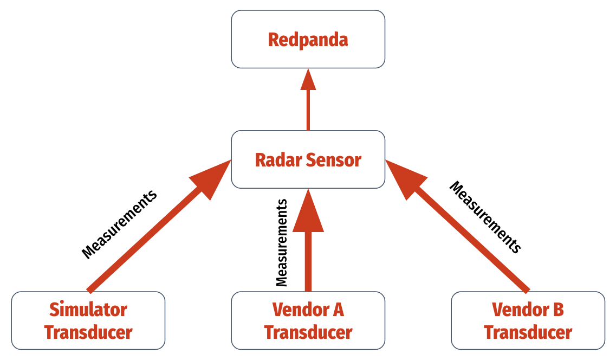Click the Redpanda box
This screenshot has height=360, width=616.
click(x=308, y=40)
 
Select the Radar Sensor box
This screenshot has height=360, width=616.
click(x=308, y=160)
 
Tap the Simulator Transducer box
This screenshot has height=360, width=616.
click(x=88, y=320)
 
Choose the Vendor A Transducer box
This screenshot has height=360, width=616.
click(x=308, y=320)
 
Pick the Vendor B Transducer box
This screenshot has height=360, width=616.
click(x=528, y=320)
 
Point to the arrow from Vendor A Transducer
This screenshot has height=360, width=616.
click(x=308, y=255)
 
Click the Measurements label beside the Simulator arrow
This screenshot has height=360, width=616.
click(x=119, y=224)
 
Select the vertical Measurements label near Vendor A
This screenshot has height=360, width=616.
click(x=281, y=242)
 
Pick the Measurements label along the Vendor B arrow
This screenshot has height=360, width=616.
click(x=486, y=217)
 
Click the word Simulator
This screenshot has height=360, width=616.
click(x=88, y=310)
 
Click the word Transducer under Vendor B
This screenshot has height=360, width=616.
click(x=528, y=332)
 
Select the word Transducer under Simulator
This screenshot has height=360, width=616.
click(x=88, y=332)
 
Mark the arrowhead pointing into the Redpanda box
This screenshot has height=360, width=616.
click(x=308, y=80)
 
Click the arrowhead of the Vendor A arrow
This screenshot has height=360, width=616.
click(x=308, y=211)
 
